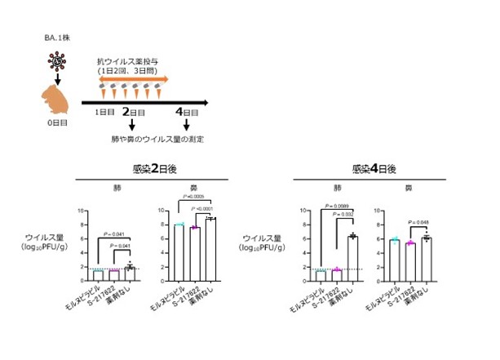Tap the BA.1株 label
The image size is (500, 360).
click(x=57, y=38)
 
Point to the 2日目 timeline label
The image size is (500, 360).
click(x=132, y=112)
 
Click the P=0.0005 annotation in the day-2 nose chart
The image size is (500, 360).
click(x=194, y=196)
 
